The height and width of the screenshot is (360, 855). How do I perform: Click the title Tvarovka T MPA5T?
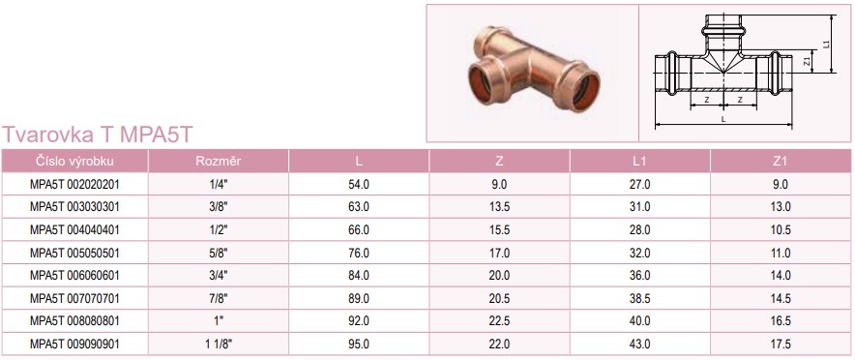[98, 135]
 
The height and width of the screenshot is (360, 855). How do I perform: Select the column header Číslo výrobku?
[74, 161]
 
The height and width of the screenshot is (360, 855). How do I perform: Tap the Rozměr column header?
[219, 161]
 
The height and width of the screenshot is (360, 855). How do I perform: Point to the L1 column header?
[639, 161]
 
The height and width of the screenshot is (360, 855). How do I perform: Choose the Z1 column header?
[781, 161]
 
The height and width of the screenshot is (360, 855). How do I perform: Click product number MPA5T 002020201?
[74, 185]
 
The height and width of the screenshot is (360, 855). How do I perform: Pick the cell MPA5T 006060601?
[74, 276]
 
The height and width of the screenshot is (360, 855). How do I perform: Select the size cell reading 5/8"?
[219, 253]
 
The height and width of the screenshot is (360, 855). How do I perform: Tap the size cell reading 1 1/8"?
[219, 345]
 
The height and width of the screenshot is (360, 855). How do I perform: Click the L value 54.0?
[359, 185]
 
